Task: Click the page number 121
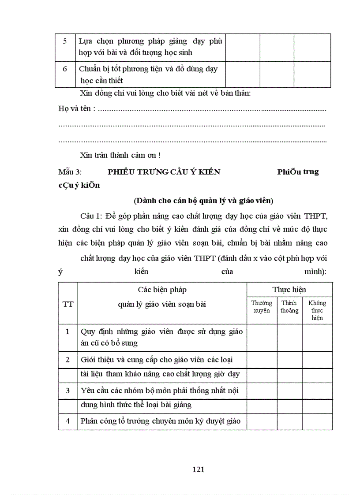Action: click(x=199, y=469)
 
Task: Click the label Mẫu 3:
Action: click(x=70, y=172)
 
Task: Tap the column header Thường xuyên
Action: click(x=262, y=306)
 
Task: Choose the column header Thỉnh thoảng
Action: click(x=289, y=306)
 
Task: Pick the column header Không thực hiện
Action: click(x=317, y=310)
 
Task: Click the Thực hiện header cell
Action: click(x=289, y=290)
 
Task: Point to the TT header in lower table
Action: click(x=68, y=304)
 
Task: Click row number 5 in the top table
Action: click(x=65, y=41)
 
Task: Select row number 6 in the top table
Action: click(x=65, y=69)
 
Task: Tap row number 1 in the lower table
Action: click(x=68, y=331)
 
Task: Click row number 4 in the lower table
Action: click(x=68, y=421)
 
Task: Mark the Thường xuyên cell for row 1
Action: click(x=262, y=337)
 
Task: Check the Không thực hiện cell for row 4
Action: click(x=317, y=421)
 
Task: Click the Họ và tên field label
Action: click(x=76, y=108)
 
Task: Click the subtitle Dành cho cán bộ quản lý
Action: click(x=203, y=201)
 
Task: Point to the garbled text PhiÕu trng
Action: click(x=298, y=172)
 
